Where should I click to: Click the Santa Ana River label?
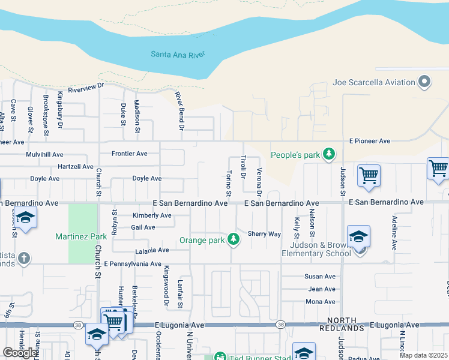point(178,54)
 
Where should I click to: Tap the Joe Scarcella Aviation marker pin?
point(425,82)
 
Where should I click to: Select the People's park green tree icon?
point(328,155)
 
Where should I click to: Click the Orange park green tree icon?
point(234,241)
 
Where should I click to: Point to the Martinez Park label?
point(80,237)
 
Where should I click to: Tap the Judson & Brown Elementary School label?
point(320,249)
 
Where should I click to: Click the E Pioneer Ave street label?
point(370,141)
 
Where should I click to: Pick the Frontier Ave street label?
point(129,154)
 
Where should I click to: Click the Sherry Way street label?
point(264,234)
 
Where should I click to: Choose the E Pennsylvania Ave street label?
point(133,264)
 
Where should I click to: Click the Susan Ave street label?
point(320,277)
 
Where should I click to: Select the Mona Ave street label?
point(320,302)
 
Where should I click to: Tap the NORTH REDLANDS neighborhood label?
point(346,324)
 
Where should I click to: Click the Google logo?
point(20,352)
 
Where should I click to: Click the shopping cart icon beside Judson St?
point(368,176)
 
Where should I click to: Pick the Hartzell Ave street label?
point(76,166)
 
